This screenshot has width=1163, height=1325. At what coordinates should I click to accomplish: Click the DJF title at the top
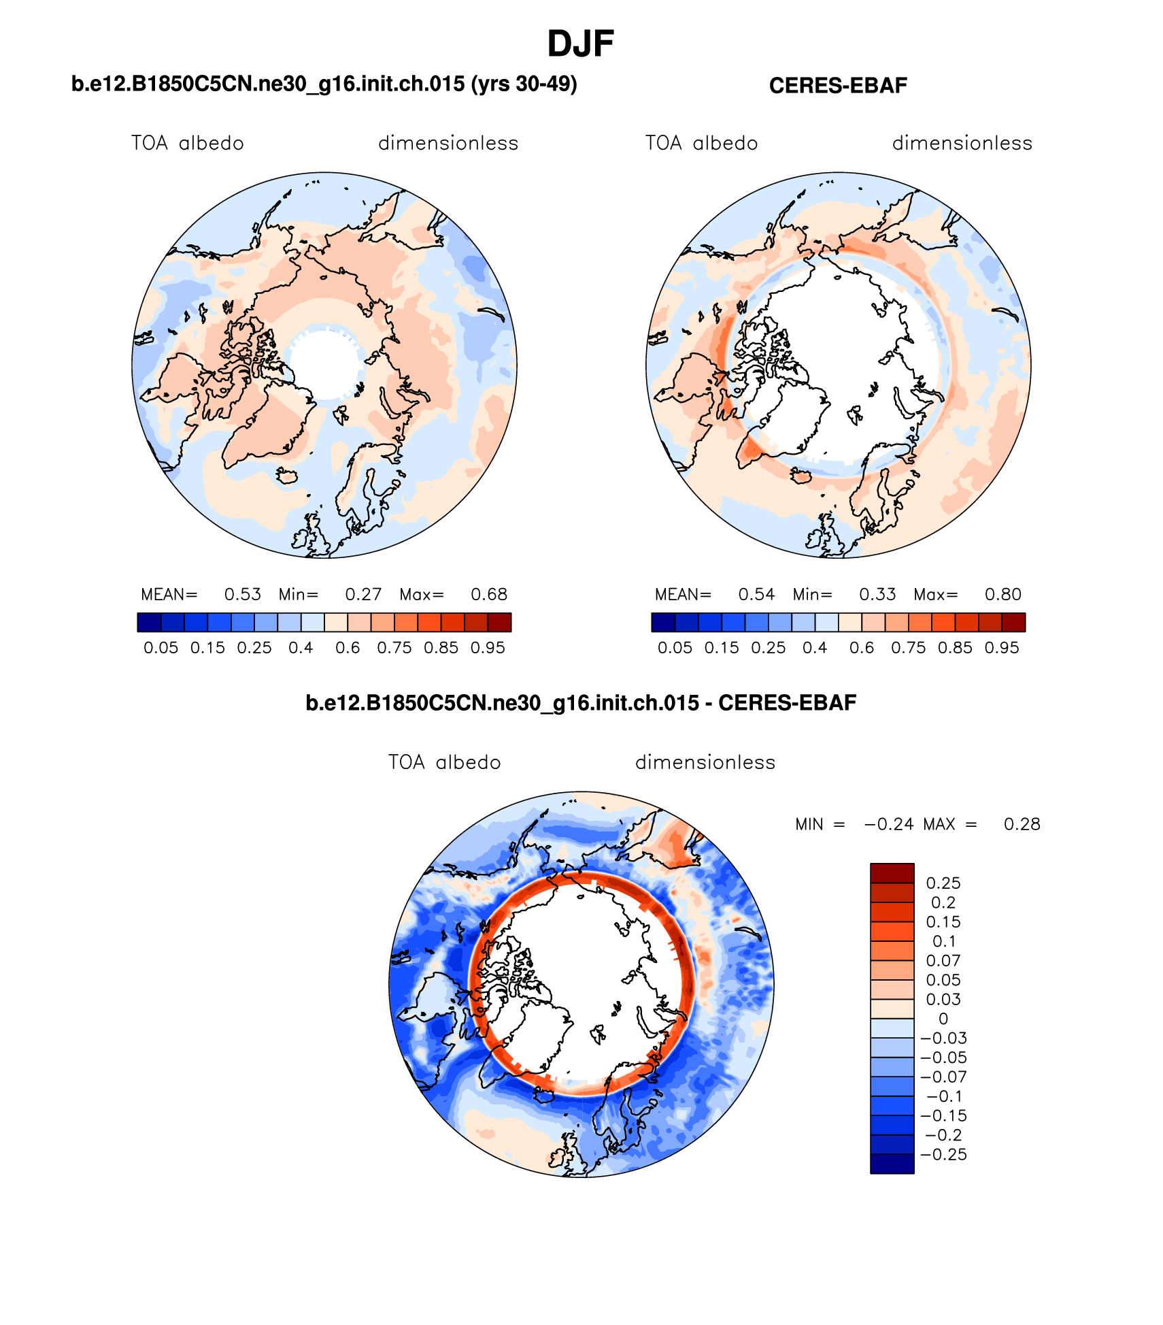(x=580, y=44)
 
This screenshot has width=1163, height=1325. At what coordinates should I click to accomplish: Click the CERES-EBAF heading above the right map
(x=838, y=86)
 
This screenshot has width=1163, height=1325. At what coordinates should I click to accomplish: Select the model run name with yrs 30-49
(x=324, y=84)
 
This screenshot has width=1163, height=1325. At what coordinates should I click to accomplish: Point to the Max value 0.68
(x=489, y=595)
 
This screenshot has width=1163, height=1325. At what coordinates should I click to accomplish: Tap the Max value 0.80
(x=1003, y=595)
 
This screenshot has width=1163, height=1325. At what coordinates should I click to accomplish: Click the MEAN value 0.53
(x=243, y=595)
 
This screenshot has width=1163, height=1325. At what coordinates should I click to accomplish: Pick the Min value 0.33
(x=877, y=595)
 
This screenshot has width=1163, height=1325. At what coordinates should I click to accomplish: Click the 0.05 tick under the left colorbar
(x=161, y=648)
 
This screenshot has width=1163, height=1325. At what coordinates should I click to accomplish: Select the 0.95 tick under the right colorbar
(x=1002, y=648)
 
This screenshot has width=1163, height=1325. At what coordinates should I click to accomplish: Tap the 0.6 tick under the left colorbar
(x=348, y=648)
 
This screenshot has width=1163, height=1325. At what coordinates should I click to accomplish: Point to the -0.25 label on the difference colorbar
(x=944, y=1155)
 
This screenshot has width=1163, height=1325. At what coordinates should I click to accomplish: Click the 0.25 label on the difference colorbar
(x=943, y=883)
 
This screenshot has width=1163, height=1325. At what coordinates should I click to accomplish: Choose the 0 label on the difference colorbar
(x=943, y=1019)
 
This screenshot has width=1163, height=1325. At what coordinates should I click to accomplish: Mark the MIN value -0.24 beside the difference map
(x=889, y=825)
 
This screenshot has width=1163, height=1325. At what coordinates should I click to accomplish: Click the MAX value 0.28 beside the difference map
(x=1022, y=825)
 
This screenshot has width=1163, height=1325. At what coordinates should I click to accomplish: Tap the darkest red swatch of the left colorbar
(x=499, y=623)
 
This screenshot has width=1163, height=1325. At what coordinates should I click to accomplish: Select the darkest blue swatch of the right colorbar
(x=663, y=623)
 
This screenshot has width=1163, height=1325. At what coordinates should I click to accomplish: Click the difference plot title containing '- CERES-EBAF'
(x=581, y=703)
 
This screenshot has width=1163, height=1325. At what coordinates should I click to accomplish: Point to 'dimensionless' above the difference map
(x=705, y=762)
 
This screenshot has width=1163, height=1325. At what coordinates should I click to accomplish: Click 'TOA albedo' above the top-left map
(x=188, y=144)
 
